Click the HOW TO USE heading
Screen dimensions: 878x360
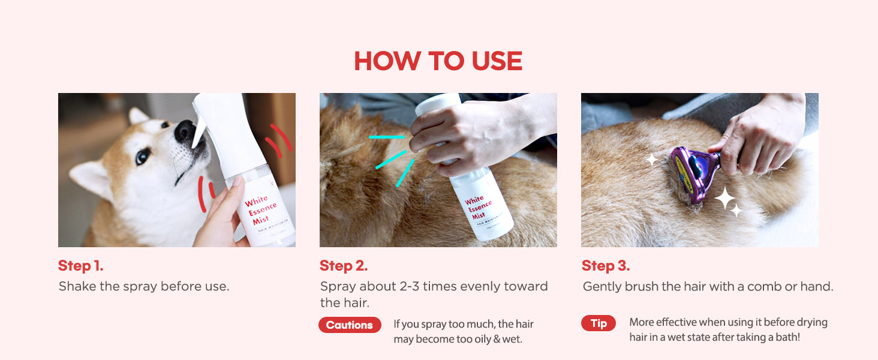pyautogui.click(x=438, y=61)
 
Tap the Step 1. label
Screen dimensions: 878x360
pyautogui.click(x=81, y=266)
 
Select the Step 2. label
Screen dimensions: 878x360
pyautogui.click(x=344, y=266)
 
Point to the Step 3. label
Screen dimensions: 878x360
pyautogui.click(x=606, y=266)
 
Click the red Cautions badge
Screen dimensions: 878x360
pyautogui.click(x=350, y=325)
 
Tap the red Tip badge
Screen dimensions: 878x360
pyautogui.click(x=599, y=323)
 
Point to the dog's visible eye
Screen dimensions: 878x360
pyautogui.click(x=143, y=156)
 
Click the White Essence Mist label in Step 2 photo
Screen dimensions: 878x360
pyautogui.click(x=479, y=208)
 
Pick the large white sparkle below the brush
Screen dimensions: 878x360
pyautogui.click(x=725, y=198)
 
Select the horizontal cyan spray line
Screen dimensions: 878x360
pyautogui.click(x=387, y=137)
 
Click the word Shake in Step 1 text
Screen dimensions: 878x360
pyautogui.click(x=77, y=286)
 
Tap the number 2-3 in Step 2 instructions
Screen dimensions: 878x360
pyautogui.click(x=409, y=286)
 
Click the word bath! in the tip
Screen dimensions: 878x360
pyautogui.click(x=788, y=337)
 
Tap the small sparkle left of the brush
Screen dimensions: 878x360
pyautogui.click(x=652, y=159)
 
